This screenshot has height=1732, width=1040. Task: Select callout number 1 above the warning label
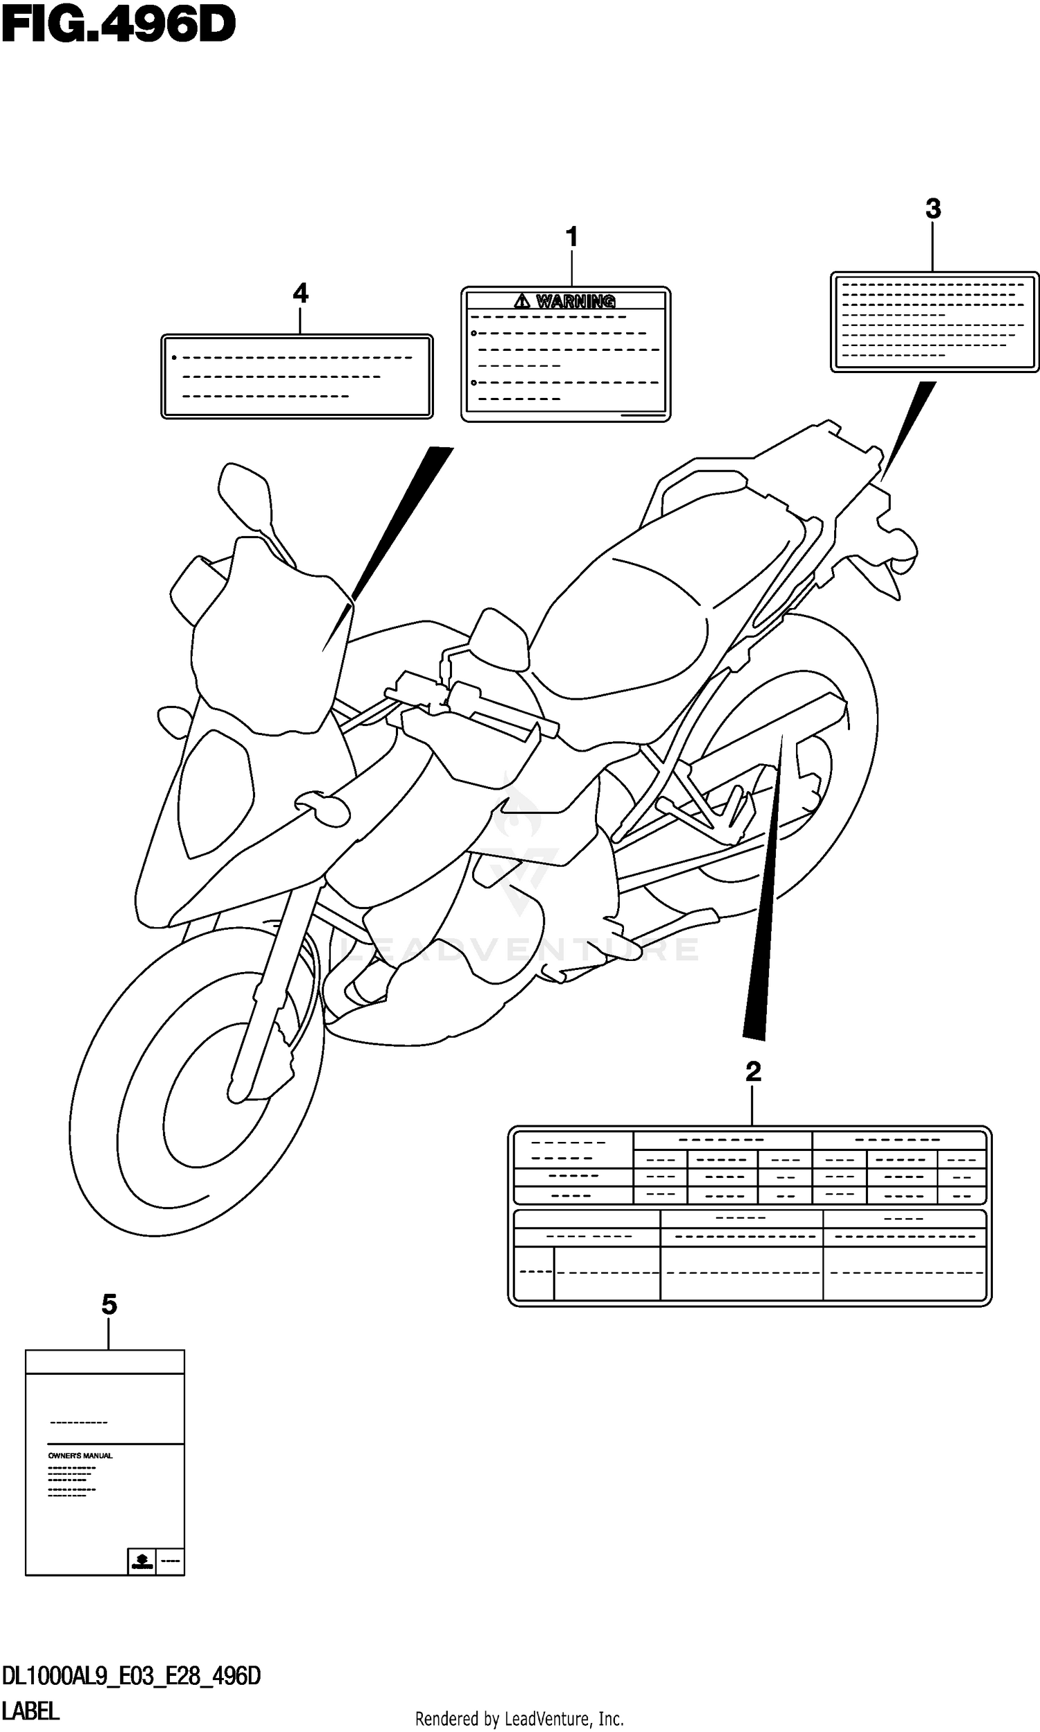pos(572,238)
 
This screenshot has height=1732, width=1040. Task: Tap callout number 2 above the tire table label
pos(753,1072)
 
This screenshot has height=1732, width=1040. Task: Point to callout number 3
pos(933,209)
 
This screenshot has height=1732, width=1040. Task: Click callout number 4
pos(300,293)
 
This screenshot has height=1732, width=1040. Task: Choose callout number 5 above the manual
pos(109,1306)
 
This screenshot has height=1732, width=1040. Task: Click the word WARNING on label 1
pos(575,302)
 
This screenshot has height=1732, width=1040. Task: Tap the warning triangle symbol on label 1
pos(522,302)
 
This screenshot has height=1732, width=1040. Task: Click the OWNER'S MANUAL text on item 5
pos(80,1456)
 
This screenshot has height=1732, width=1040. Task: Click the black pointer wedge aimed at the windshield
pos(399,526)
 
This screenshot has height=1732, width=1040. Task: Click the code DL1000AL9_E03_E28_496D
pos(131,1676)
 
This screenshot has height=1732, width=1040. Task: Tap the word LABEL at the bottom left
pos(31,1711)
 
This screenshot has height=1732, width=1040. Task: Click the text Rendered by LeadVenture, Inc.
pos(519,1719)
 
